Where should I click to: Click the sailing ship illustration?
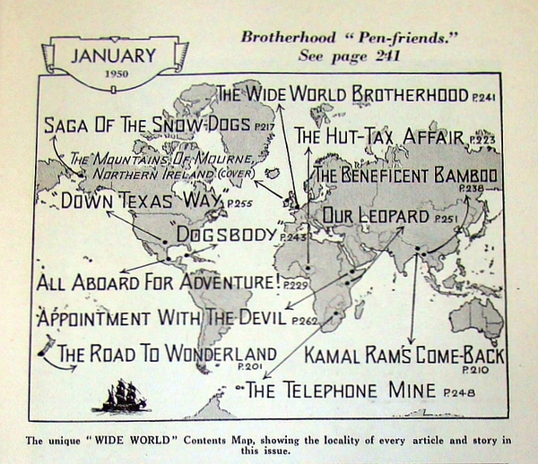118,394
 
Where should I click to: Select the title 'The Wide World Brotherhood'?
343,94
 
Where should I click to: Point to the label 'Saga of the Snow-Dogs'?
148,125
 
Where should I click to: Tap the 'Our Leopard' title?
376,216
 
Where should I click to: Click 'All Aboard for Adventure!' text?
157,282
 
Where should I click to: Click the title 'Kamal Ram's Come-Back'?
404,355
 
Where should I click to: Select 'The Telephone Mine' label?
341,390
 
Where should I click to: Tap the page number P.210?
475,369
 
